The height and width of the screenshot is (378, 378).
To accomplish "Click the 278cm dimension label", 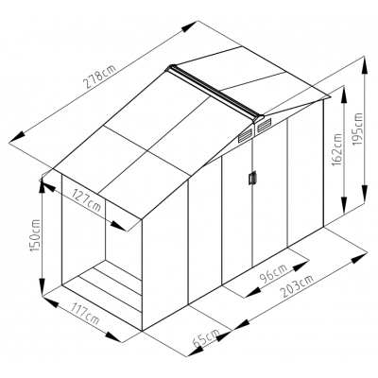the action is pyautogui.click(x=99, y=76).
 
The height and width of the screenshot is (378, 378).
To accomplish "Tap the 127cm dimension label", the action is pyautogui.click(x=87, y=200).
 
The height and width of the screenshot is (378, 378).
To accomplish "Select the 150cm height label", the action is pyautogui.click(x=35, y=235).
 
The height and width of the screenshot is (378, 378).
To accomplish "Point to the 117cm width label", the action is pyautogui.click(x=84, y=314).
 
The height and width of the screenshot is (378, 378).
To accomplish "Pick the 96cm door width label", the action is pyautogui.click(x=273, y=273).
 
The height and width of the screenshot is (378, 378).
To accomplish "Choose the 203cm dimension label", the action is pyautogui.click(x=298, y=286).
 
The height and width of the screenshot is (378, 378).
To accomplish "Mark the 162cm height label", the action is pyautogui.click(x=336, y=149).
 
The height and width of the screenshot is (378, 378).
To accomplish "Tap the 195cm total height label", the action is pyautogui.click(x=357, y=129).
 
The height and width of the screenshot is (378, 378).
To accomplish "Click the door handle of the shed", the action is pyautogui.click(x=252, y=178).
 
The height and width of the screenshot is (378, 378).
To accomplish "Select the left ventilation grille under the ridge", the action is pyautogui.click(x=246, y=136).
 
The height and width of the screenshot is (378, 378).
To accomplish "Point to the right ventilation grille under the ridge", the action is pyautogui.click(x=265, y=125).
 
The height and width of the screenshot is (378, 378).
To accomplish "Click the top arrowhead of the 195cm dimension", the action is pyautogui.click(x=365, y=65).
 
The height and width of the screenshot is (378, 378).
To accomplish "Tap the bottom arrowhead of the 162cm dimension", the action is pyautogui.click(x=344, y=205).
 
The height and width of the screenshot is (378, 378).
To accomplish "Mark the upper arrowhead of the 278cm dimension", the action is pyautogui.click(x=190, y=26).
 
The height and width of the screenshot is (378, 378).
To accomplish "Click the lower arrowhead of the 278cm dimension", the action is pyautogui.click(x=18, y=137).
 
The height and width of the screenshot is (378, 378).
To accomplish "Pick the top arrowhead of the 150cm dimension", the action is pyautogui.click(x=42, y=186).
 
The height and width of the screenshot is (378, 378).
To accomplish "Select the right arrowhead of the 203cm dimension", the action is pyautogui.click(x=359, y=258).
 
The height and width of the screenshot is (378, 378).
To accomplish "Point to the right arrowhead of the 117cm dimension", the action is pyautogui.click(x=113, y=336).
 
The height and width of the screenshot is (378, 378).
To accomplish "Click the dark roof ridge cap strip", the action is pyautogui.click(x=215, y=93).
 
